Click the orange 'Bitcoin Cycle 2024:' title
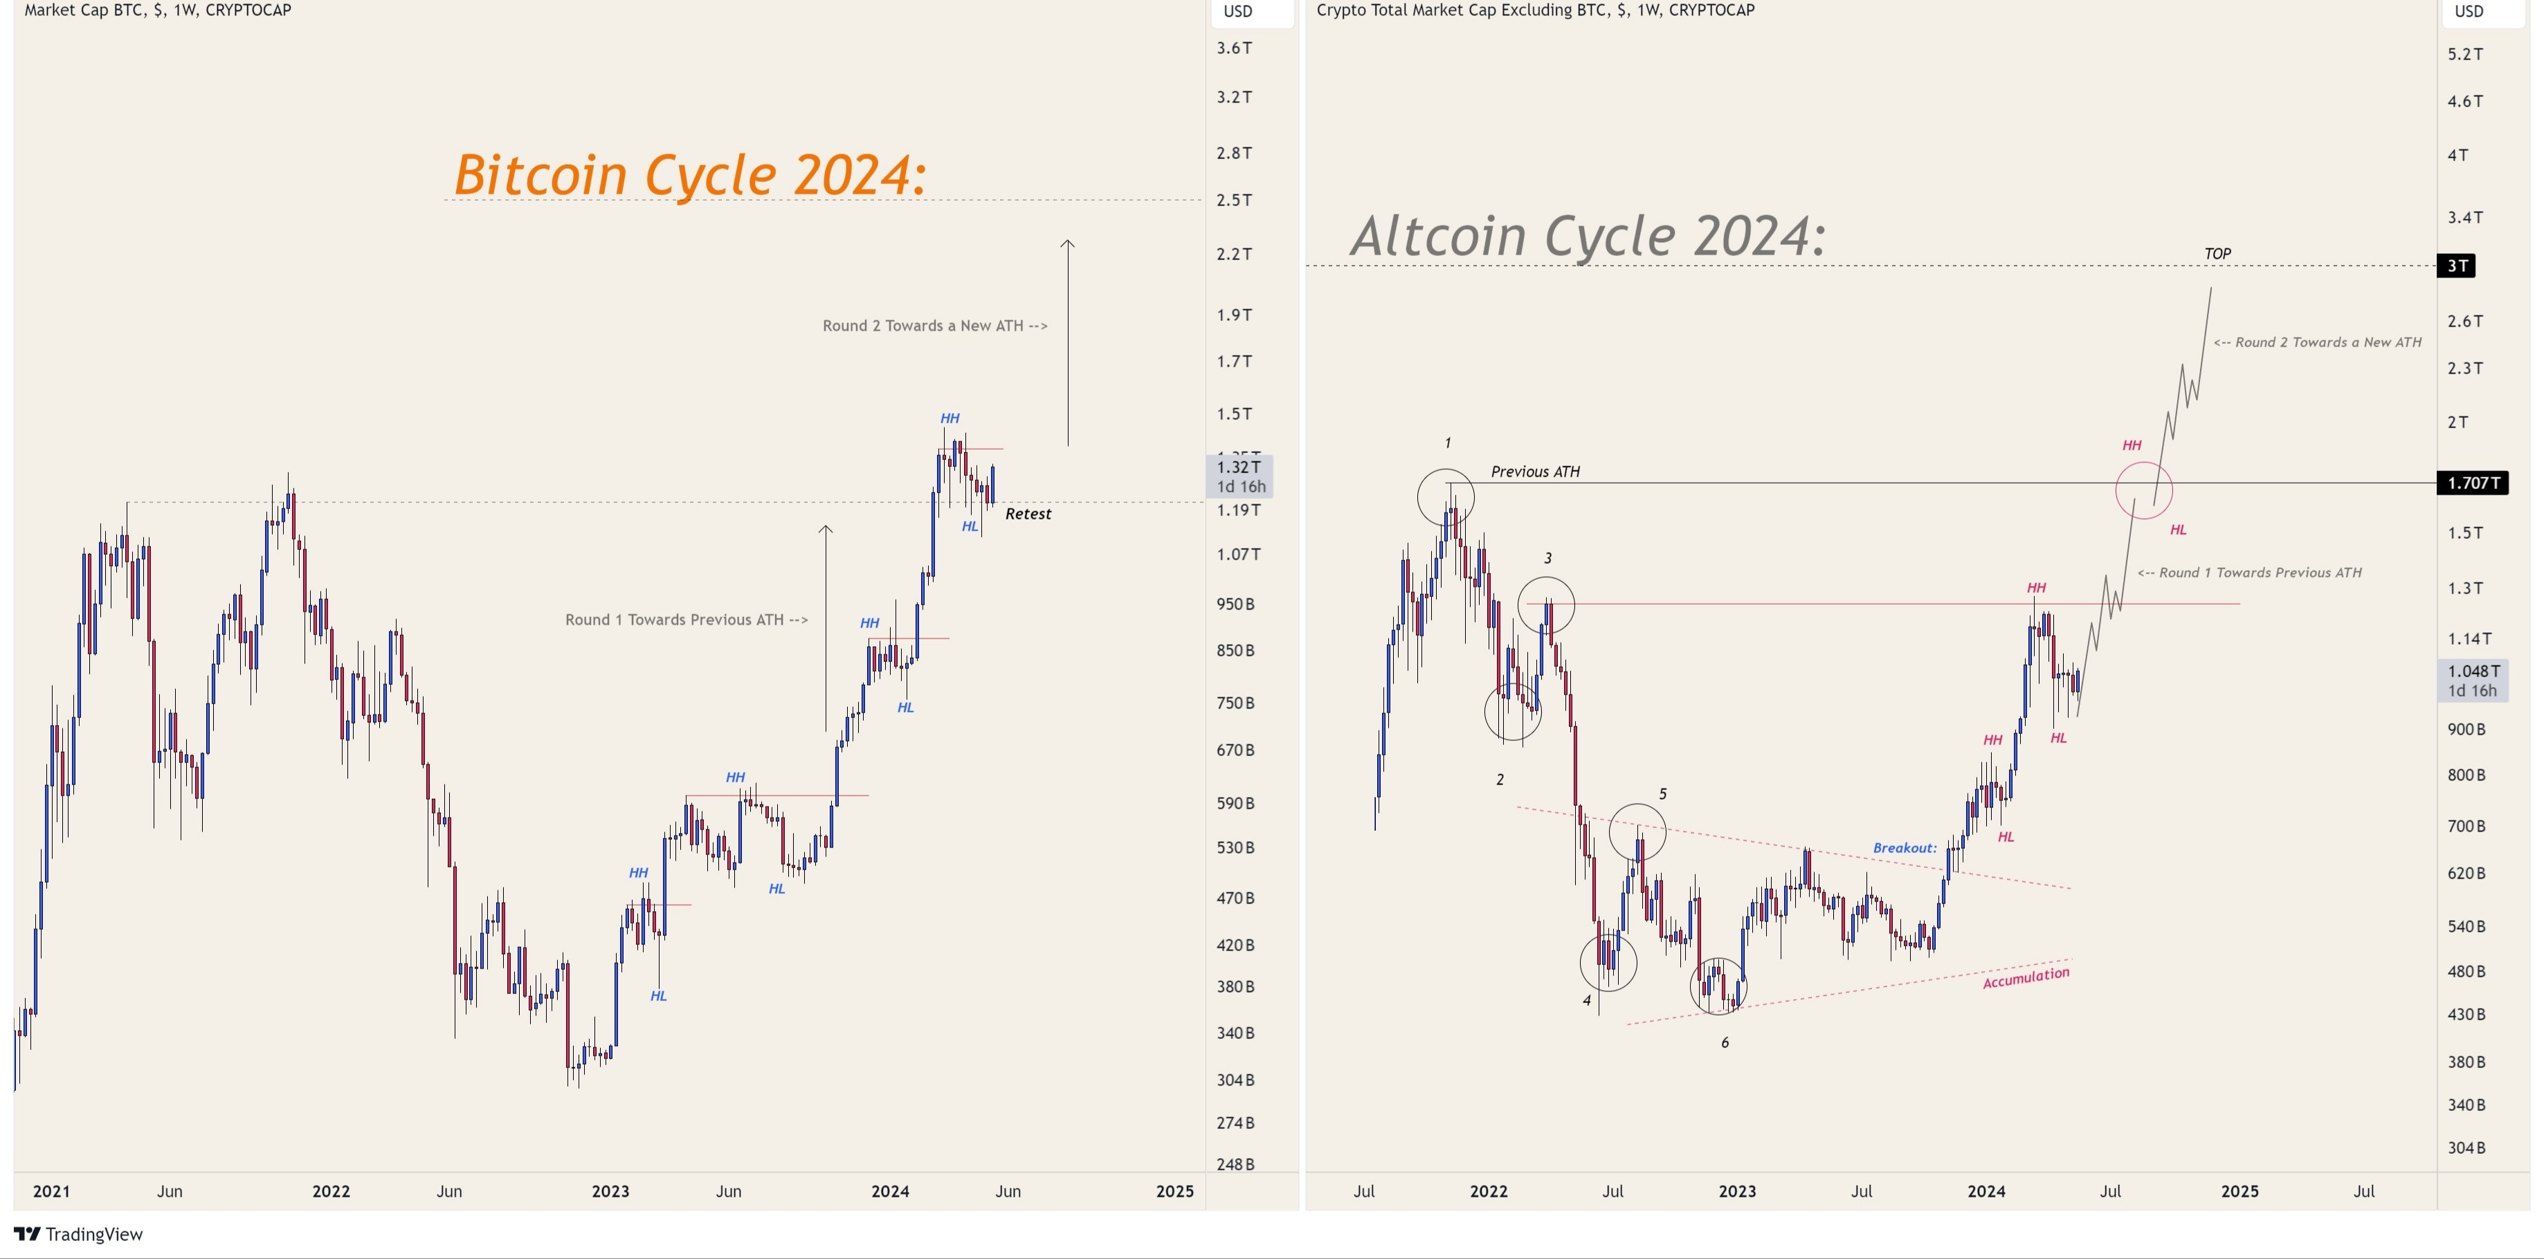pyautogui.click(x=689, y=175)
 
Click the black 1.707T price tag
pyautogui.click(x=2472, y=483)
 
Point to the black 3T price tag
pyautogui.click(x=2457, y=266)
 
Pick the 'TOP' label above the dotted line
pyautogui.click(x=2217, y=254)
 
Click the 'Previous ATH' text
pyautogui.click(x=1535, y=472)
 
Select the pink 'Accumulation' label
pyautogui.click(x=2026, y=977)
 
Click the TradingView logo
pyautogui.click(x=79, y=1234)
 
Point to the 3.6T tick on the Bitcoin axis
pyautogui.click(x=1233, y=48)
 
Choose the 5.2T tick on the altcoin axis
pyautogui.click(x=2465, y=55)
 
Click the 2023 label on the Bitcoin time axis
pyautogui.click(x=610, y=1191)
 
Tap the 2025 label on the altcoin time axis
pyautogui.click(x=2239, y=1191)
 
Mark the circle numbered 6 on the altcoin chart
pyautogui.click(x=1718, y=986)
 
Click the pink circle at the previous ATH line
pyautogui.click(x=2144, y=490)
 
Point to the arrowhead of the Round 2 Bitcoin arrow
pyautogui.click(x=1068, y=243)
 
